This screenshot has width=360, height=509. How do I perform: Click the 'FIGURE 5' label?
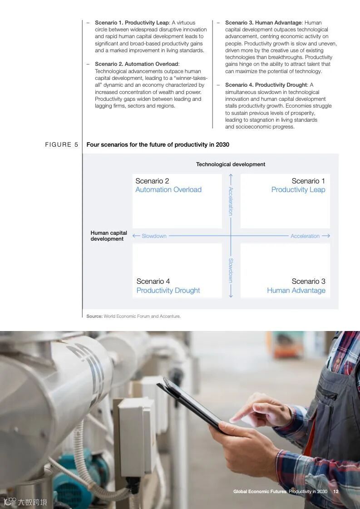pyautogui.click(x=62, y=145)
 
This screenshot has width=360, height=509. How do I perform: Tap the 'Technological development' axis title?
pyautogui.click(x=231, y=164)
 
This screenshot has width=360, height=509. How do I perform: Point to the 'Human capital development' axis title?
pyautogui.click(x=109, y=236)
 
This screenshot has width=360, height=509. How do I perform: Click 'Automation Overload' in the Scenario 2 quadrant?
pyautogui.click(x=168, y=190)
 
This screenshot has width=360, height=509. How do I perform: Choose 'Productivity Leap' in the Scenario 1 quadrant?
pyautogui.click(x=298, y=190)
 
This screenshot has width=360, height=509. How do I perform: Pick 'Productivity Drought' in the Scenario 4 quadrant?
pyautogui.click(x=168, y=291)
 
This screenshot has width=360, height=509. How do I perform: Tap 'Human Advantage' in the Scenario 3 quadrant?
pyautogui.click(x=296, y=291)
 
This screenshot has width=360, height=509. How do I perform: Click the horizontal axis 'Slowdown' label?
pyautogui.click(x=154, y=236)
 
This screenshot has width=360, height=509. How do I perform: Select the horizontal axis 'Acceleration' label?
pyautogui.click(x=305, y=236)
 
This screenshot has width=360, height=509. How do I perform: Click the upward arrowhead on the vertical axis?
pyautogui.click(x=231, y=176)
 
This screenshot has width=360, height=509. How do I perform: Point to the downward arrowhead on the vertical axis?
pyautogui.click(x=231, y=296)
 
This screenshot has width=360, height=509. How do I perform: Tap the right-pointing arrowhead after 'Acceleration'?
pyautogui.click(x=328, y=236)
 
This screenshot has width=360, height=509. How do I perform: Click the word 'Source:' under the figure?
pyautogui.click(x=94, y=316)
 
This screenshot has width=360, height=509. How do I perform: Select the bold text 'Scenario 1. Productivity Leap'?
pyautogui.click(x=132, y=23)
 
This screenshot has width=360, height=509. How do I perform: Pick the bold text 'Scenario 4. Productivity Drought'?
pyautogui.click(x=266, y=85)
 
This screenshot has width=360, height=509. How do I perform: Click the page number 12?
pyautogui.click(x=336, y=491)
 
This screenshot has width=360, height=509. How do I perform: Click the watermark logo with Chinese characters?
pyautogui.click(x=25, y=502)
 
